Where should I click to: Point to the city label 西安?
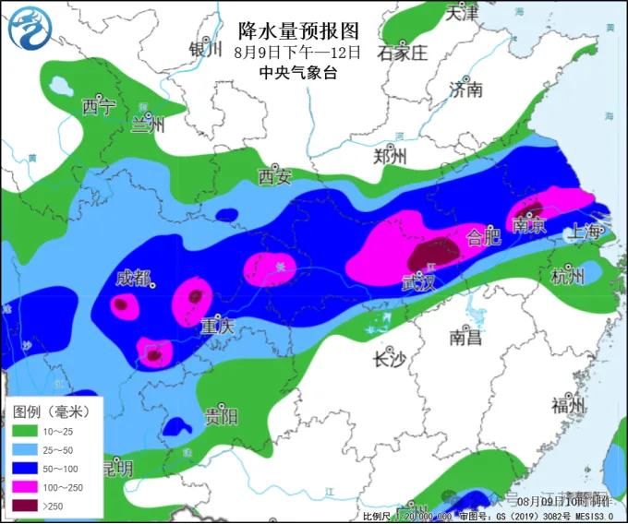pos(274,175)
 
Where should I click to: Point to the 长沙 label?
pos(388,359)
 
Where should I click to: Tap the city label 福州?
pos(568,405)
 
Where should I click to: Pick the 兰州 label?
pos(147,125)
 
